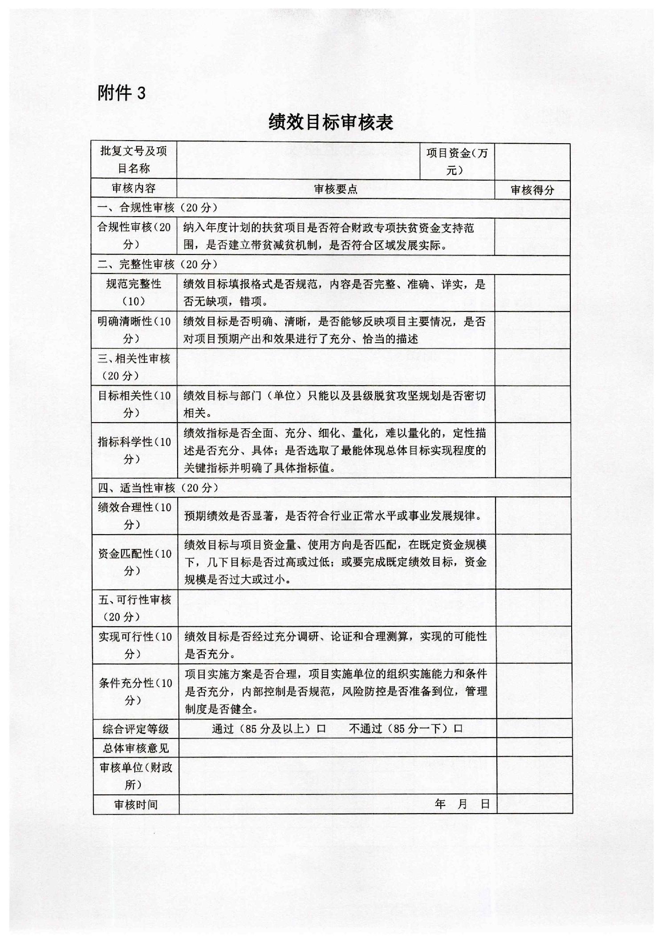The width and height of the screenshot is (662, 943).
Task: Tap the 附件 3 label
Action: click(x=122, y=93)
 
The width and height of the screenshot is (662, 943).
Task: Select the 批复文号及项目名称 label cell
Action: click(x=134, y=160)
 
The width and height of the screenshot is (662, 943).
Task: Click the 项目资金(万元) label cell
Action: click(x=457, y=161)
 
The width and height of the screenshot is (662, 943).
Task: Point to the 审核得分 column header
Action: click(x=532, y=190)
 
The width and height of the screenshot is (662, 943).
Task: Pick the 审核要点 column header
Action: click(x=336, y=189)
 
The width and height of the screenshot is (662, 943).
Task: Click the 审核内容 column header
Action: click(x=134, y=188)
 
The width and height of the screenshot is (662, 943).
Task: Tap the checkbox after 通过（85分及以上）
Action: click(x=321, y=729)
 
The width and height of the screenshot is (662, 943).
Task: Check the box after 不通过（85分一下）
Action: click(x=458, y=729)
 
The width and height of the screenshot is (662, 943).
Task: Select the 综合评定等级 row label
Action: click(x=136, y=729)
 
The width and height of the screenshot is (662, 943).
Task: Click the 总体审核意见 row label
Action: click(x=136, y=748)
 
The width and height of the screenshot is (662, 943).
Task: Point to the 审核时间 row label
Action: click(x=136, y=805)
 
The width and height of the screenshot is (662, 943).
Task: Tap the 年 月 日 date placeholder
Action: click(x=462, y=804)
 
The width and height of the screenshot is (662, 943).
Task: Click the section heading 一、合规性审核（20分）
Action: click(x=158, y=208)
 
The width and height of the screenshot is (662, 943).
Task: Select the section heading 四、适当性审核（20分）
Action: click(x=158, y=488)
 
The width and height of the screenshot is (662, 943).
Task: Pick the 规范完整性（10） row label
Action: click(x=134, y=292)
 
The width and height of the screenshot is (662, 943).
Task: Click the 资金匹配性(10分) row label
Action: click(x=134, y=562)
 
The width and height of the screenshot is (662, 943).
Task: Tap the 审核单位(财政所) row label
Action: click(x=136, y=776)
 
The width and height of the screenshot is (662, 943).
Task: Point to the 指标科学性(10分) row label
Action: click(x=134, y=450)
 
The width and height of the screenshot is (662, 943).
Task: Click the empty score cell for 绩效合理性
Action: click(x=533, y=516)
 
